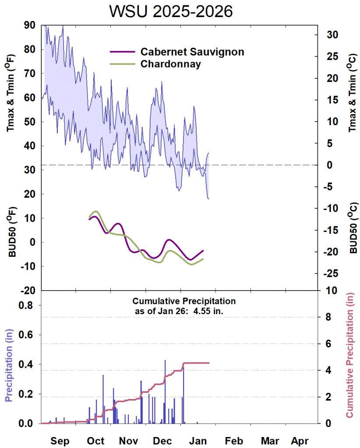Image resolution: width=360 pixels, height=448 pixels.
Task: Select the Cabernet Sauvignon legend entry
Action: pos(192,52)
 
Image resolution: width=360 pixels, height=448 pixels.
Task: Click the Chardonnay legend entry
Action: pos(171,64)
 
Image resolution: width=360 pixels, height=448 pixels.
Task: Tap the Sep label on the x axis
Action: pos(60,441)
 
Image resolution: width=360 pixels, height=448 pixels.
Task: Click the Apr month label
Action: pos(300,441)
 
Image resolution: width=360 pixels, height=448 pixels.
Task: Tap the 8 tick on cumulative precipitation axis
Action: pos(328,317)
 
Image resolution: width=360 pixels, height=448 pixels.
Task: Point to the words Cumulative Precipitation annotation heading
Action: pos(184,301)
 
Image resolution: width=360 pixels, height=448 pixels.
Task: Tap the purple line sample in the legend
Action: pos(121,52)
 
